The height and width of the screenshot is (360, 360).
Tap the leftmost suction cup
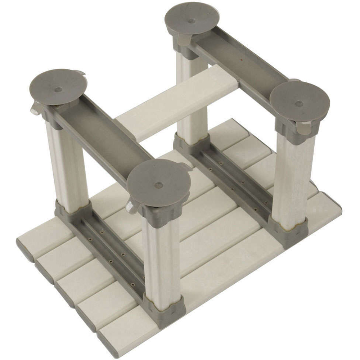pos(58,86)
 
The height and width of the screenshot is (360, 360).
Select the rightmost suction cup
pos(300,102)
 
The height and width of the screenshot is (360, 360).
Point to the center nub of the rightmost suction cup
pos(299,104)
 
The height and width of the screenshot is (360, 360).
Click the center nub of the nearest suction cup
pos(159,185)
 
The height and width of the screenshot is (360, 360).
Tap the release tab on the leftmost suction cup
pos(36,107)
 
